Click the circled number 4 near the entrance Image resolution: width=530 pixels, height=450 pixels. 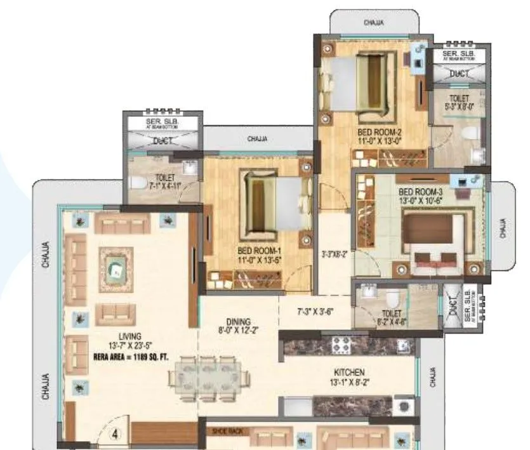click(x=116, y=435)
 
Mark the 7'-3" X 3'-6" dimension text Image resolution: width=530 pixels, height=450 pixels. click(x=315, y=312)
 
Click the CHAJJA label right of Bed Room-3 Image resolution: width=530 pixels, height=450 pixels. click(x=503, y=227)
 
